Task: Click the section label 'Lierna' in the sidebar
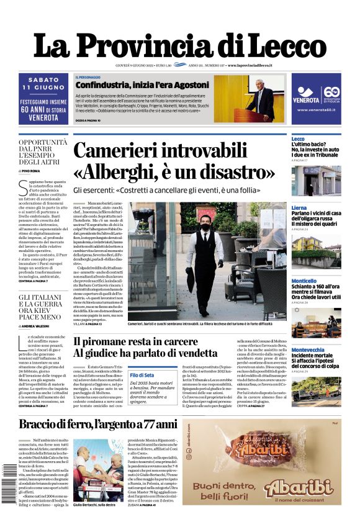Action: coord(299,208)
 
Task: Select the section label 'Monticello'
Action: coord(304,281)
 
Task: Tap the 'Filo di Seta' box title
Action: coord(142,375)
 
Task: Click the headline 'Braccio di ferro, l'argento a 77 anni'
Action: coord(98,425)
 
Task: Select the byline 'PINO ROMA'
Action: coord(31,170)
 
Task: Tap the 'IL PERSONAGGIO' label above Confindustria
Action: coord(88,76)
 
